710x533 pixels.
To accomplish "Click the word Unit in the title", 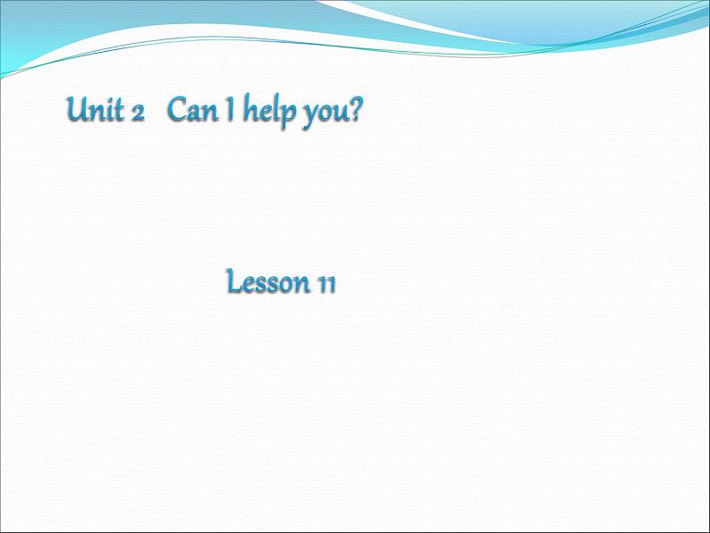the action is click(95, 109).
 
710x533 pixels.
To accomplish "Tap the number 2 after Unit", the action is click(138, 114).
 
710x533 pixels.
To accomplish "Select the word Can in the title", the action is click(192, 109).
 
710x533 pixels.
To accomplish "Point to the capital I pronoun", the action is click(231, 110).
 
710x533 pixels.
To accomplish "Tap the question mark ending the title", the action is click(356, 109).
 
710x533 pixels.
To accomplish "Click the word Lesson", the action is click(267, 281).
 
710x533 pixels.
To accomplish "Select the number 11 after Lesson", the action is click(327, 285).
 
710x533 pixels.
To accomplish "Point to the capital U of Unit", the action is click(79, 109).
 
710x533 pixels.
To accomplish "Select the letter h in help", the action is click(251, 109).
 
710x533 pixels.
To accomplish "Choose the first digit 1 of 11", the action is click(323, 285).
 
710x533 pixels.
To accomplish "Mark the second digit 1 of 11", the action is click(332, 285).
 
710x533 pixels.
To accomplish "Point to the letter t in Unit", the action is click(120, 111).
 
